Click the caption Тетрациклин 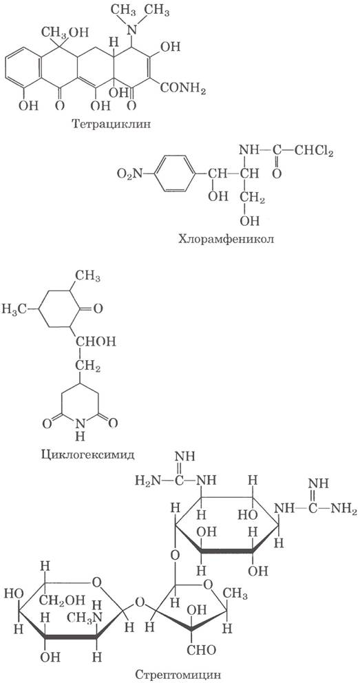click(113, 125)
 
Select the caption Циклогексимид click(84, 454)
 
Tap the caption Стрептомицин click(178, 675)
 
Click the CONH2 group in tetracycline click(183, 89)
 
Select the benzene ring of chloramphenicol click(173, 174)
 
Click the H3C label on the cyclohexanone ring click(14, 309)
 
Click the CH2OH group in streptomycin click(64, 602)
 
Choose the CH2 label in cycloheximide click(89, 368)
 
